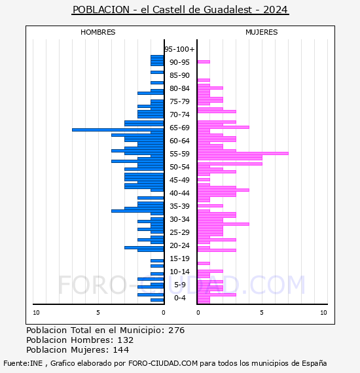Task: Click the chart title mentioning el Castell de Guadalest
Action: tap(180, 10)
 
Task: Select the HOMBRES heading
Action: tap(98, 32)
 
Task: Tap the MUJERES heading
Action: tap(262, 32)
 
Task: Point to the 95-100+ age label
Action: tap(179, 49)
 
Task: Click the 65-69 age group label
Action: tap(179, 128)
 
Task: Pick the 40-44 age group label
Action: tap(179, 193)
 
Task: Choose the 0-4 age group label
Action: tap(180, 298)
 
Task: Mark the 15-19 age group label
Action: tap(179, 258)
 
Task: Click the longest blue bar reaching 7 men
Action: tap(118, 130)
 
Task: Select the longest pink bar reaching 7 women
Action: tap(243, 153)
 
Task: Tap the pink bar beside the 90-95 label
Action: tap(204, 62)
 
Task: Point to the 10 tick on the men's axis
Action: tap(36, 313)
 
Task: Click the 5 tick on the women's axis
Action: tap(262, 313)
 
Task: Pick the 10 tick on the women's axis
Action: tap(323, 313)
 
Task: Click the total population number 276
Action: tap(176, 330)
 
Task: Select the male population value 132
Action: tap(126, 340)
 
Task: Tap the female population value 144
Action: tap(121, 349)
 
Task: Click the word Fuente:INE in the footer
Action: tap(23, 363)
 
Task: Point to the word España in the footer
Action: tap(314, 363)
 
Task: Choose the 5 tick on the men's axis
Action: tap(98, 313)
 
